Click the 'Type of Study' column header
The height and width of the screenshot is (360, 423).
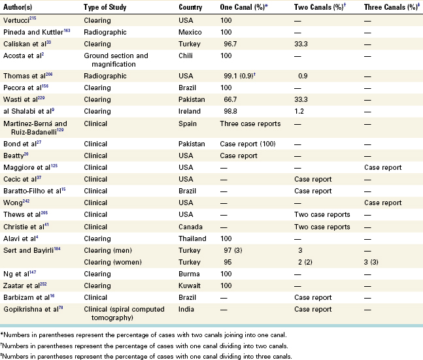click(105, 7)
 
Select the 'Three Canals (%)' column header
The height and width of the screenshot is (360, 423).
click(392, 7)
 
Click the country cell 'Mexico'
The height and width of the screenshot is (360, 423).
click(190, 33)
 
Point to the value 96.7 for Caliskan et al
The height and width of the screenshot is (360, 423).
click(230, 44)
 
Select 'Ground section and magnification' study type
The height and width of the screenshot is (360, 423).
click(116, 60)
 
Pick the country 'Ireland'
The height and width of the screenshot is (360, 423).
click(190, 111)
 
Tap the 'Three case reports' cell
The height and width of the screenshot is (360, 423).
click(250, 123)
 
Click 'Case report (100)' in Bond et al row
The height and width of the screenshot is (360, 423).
click(248, 144)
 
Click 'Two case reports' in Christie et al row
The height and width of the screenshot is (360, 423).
click(322, 227)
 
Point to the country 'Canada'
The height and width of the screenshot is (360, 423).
click(190, 227)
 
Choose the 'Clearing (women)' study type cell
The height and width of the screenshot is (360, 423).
click(112, 262)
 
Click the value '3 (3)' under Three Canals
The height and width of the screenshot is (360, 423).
click(371, 262)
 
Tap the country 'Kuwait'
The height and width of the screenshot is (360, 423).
click(190, 286)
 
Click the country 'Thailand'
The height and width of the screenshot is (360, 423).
click(192, 238)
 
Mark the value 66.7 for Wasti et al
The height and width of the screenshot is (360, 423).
click(230, 99)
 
